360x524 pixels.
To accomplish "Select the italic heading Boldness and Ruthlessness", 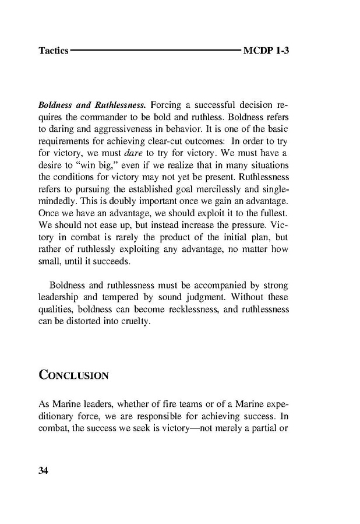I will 91,105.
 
